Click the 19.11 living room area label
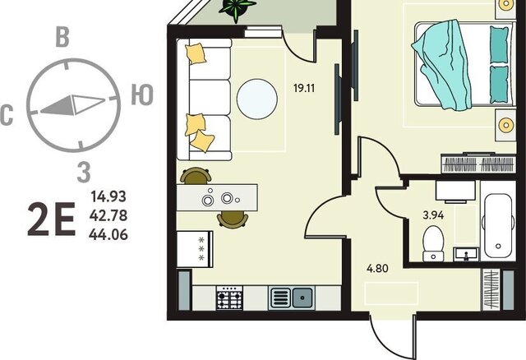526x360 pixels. tap(304, 88)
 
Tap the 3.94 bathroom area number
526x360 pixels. tap(433, 215)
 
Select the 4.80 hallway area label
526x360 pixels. tap(377, 269)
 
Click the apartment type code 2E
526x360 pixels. tap(51, 219)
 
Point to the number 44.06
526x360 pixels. tap(108, 234)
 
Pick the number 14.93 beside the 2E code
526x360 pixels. tap(108, 196)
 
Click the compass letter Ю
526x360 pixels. tap(142, 95)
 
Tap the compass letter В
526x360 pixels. tap(62, 36)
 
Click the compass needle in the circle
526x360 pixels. tap(73, 105)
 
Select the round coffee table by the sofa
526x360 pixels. tap(257, 99)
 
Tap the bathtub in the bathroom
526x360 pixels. tap(498, 222)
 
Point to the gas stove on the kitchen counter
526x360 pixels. tap(229, 298)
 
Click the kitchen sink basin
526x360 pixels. tap(302, 298)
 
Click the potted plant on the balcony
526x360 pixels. tap(237, 9)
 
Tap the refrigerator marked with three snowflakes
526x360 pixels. tap(195, 249)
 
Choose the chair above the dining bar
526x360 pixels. tap(196, 176)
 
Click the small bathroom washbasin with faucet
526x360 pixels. tap(466, 254)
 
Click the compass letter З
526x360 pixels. tap(84, 172)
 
